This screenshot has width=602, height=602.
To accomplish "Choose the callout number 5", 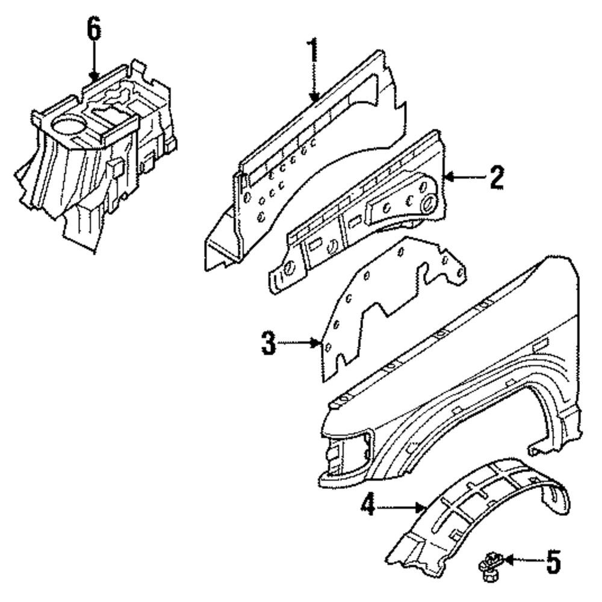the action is (x=553, y=562).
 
